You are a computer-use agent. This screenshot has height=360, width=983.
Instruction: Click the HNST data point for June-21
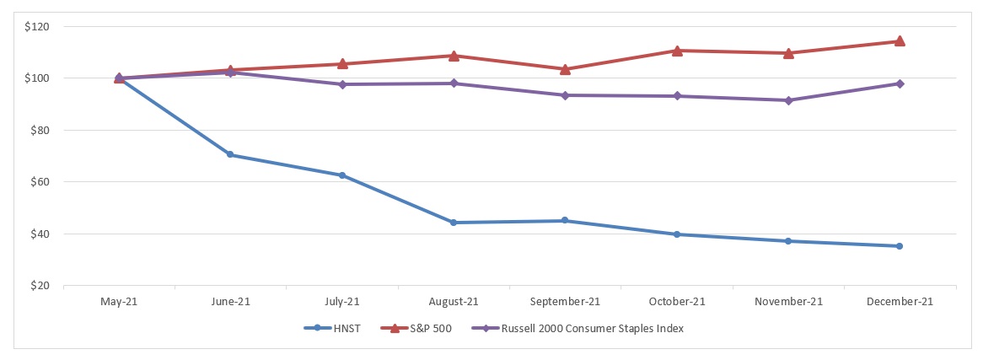[230, 154]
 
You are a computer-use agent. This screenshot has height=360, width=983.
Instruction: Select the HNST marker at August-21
[454, 223]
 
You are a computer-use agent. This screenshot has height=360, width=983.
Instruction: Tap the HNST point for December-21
[900, 246]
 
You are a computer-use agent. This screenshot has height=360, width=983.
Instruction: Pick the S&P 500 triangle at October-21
[677, 51]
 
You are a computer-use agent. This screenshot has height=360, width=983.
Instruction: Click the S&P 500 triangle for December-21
[900, 40]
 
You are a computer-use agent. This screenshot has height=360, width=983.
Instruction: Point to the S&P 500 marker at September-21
[565, 68]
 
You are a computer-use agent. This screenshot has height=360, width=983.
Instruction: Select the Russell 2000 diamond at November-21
[788, 100]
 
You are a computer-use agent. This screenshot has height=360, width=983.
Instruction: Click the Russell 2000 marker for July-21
[342, 84]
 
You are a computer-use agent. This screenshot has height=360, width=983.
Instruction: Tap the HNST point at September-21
[565, 221]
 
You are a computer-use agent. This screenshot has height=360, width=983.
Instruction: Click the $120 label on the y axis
[38, 27]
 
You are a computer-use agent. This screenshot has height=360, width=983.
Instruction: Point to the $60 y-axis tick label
[40, 182]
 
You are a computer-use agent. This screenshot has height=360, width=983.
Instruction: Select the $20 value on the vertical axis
[40, 286]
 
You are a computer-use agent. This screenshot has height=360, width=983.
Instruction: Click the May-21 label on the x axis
[119, 301]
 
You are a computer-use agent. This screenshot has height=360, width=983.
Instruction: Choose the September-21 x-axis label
[565, 301]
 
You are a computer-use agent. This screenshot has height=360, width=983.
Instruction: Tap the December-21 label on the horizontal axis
[900, 301]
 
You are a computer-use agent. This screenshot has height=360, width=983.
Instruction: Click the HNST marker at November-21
[788, 241]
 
